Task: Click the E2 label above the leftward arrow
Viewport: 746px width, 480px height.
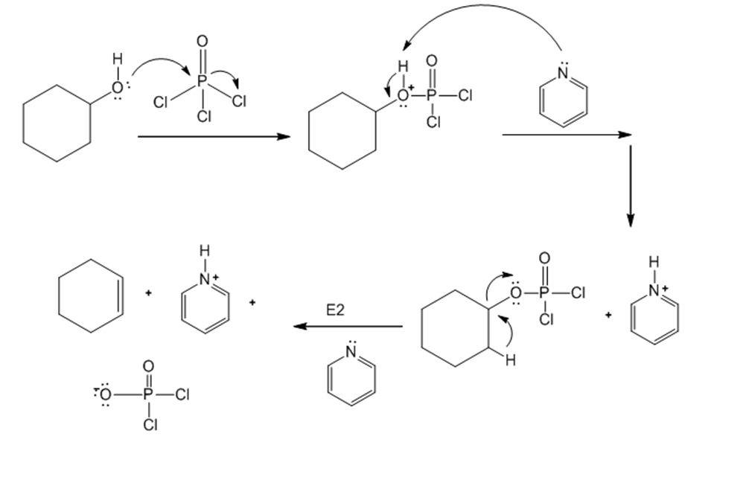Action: point(336,310)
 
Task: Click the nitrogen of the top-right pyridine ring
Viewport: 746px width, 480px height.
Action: point(562,74)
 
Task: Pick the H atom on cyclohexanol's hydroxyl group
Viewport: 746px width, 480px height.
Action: point(115,59)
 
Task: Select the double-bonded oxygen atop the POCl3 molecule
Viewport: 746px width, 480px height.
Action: point(201,41)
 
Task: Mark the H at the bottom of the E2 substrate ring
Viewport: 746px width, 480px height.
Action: point(509,362)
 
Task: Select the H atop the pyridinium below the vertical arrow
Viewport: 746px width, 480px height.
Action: point(653,261)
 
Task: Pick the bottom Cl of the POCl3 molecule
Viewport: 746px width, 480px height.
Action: point(205,115)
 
